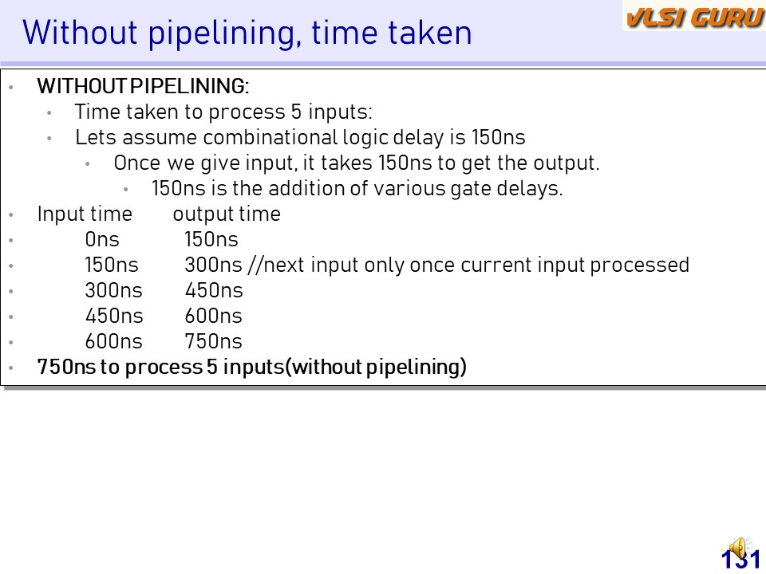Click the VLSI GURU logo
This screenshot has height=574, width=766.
pyautogui.click(x=694, y=17)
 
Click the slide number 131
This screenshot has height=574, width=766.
pyautogui.click(x=740, y=560)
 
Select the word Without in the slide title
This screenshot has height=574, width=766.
pyautogui.click(x=80, y=32)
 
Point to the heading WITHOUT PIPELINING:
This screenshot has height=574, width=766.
pyautogui.click(x=143, y=86)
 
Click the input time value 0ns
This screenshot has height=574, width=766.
pyautogui.click(x=102, y=239)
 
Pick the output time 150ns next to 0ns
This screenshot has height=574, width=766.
pyautogui.click(x=211, y=239)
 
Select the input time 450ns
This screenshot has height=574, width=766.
pyautogui.click(x=114, y=316)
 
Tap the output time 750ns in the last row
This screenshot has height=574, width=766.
pyautogui.click(x=214, y=341)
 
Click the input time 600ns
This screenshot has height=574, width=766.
pyautogui.click(x=114, y=341)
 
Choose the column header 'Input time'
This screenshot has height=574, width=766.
pyautogui.click(x=85, y=214)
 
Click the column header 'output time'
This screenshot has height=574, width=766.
pyautogui.click(x=227, y=214)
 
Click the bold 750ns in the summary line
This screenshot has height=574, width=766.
pyautogui.click(x=67, y=367)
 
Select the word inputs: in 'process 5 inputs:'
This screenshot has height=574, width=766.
pyautogui.click(x=340, y=112)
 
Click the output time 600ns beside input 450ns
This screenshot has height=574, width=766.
pyautogui.click(x=214, y=316)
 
